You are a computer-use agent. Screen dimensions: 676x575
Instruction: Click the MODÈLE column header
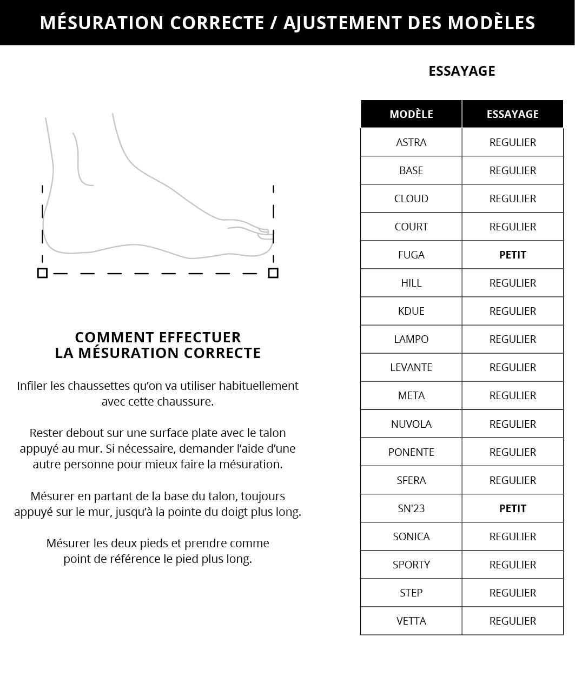pos(411,114)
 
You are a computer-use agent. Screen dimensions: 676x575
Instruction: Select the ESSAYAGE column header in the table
pos(512,114)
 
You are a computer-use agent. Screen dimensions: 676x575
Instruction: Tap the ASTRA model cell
pos(411,142)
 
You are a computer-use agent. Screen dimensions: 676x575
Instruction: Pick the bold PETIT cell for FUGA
pos(512,255)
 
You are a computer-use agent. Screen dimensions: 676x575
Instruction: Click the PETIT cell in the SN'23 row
pos(512,508)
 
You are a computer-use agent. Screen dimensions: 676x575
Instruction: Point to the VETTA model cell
pos(411,621)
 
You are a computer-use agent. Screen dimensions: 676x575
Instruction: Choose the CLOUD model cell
pos(411,198)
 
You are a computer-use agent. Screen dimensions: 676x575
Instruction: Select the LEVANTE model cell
pos(411,367)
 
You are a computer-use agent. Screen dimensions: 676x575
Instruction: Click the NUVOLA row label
pos(411,424)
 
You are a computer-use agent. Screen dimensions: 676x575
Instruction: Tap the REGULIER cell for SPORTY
pos(512,565)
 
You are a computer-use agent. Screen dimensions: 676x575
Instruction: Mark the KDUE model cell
pos(411,311)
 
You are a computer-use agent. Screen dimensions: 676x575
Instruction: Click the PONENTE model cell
pos(411,452)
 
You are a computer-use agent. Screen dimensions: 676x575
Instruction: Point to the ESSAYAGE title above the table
pos(461,71)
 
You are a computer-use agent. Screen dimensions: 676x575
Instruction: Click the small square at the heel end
pos(42,273)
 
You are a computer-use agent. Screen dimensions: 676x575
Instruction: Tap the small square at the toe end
pos(273,273)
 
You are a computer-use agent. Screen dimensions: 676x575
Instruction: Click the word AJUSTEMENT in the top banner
pos(341,23)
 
